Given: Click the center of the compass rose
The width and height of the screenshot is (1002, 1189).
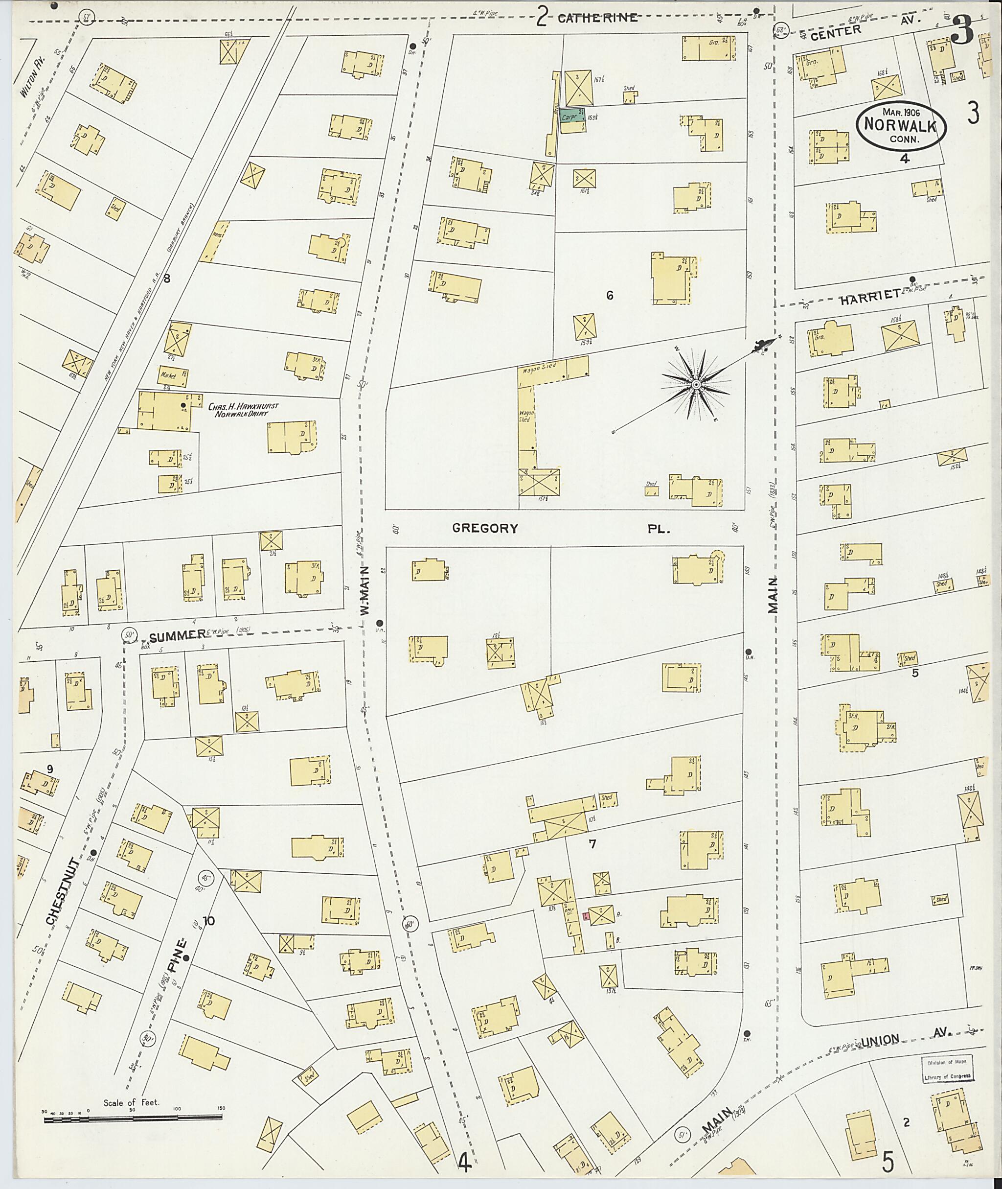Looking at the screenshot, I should pos(695,385).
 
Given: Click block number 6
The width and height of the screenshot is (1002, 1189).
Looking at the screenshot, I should pos(610,296).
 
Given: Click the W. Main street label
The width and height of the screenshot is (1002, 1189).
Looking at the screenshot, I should pos(365,591).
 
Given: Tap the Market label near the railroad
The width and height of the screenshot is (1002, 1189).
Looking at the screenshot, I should pos(168,375).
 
